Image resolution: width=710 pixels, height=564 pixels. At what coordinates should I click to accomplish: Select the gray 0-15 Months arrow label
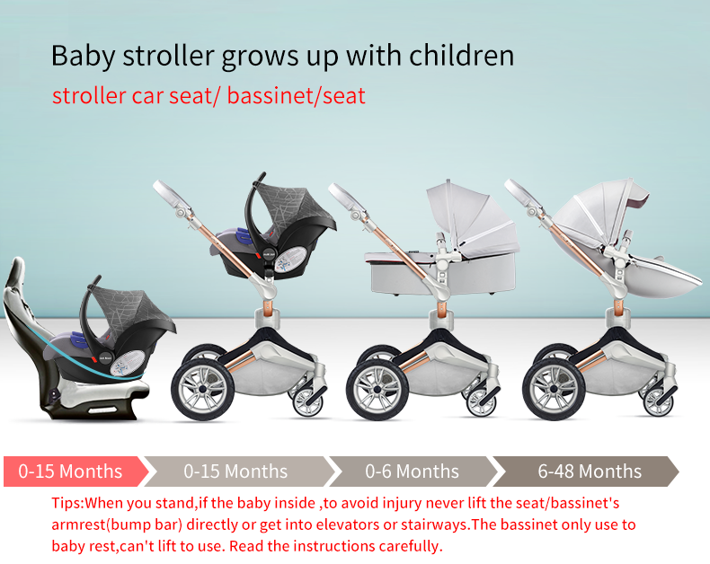(235, 471)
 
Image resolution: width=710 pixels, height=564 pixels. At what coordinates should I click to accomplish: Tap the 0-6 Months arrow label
(412, 471)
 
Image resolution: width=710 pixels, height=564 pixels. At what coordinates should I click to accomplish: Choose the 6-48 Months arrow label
(590, 471)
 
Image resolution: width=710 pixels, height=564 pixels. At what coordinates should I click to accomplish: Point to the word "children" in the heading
(461, 56)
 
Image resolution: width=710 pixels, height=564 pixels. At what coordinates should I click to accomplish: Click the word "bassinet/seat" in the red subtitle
(297, 96)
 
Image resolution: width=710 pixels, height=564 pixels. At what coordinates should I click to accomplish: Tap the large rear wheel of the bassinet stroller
(377, 390)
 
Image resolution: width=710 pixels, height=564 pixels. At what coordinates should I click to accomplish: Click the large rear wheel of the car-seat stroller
(202, 390)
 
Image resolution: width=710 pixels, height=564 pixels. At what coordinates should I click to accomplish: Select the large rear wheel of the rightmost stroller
(554, 390)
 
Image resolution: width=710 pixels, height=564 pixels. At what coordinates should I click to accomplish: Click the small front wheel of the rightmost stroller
(659, 401)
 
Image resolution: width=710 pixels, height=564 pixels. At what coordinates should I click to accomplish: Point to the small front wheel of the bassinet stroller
(482, 401)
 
